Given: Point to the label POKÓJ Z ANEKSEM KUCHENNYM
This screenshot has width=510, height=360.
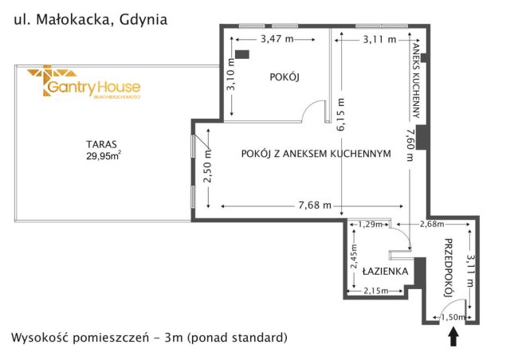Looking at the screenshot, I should pyautogui.click(x=315, y=155).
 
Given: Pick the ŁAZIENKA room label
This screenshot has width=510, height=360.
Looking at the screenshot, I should pyautogui.click(x=386, y=271).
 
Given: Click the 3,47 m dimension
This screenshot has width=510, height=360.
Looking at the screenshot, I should pyautogui.click(x=275, y=38).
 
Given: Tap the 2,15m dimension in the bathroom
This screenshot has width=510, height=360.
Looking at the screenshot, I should pyautogui.click(x=375, y=291).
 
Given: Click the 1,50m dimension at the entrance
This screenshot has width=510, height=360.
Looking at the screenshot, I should pyautogui.click(x=453, y=319).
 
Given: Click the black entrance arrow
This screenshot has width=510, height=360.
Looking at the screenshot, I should pyautogui.click(x=453, y=338).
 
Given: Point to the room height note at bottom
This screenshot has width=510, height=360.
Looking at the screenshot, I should pyautogui.click(x=148, y=338).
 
